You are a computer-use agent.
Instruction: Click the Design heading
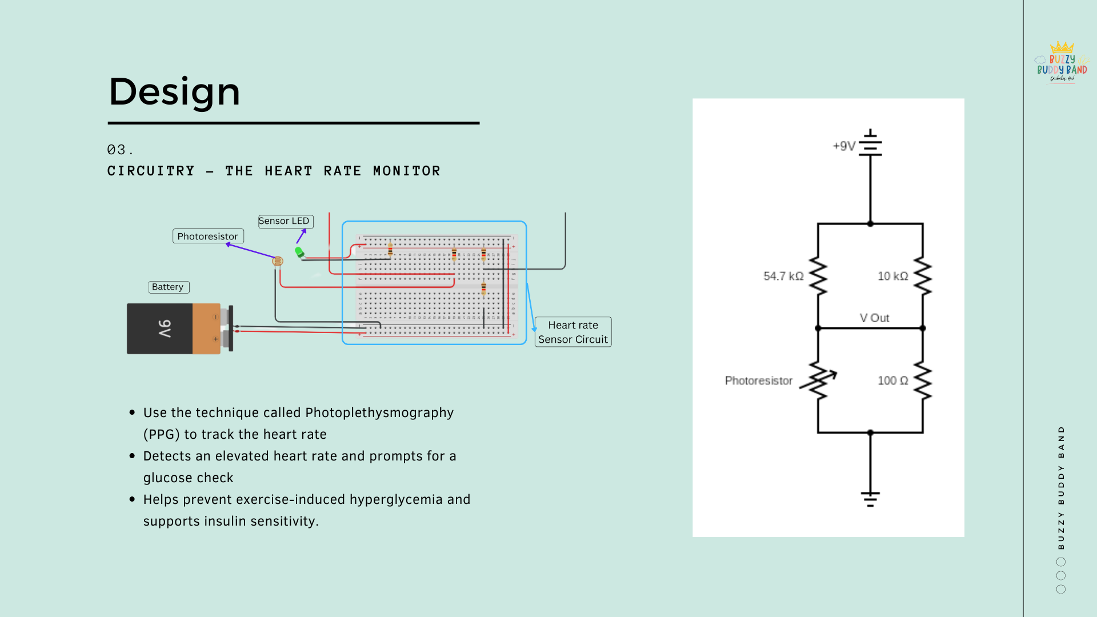tap(174, 92)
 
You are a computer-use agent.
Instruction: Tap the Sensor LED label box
tap(285, 221)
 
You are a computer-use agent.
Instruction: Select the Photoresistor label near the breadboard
tap(208, 237)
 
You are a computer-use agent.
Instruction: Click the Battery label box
tap(168, 287)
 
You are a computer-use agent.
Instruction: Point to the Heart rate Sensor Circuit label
tap(573, 332)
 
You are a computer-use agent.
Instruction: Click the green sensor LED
tap(299, 251)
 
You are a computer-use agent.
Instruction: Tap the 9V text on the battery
tap(164, 328)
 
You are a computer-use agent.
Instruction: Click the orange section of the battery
tap(206, 328)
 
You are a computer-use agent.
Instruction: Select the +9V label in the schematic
tap(844, 146)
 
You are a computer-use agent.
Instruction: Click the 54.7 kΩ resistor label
tap(783, 277)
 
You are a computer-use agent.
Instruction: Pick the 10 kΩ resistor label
tap(893, 277)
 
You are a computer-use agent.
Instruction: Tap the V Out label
tap(874, 318)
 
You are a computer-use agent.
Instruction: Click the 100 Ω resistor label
tap(893, 381)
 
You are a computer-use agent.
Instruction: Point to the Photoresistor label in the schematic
tap(759, 381)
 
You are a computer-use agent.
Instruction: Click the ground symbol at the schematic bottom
tap(870, 499)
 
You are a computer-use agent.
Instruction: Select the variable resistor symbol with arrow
tap(819, 381)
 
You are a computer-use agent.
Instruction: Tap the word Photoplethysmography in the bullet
tap(379, 413)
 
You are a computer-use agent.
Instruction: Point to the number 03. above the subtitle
tap(120, 150)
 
